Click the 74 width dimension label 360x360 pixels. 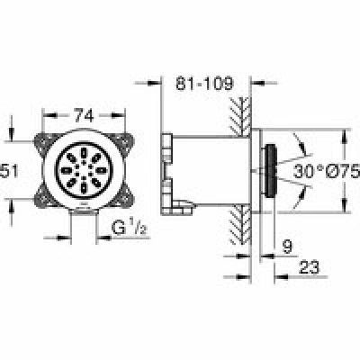84,115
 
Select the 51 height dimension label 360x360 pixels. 9,171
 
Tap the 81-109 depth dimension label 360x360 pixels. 204,83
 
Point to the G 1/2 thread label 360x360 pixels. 130,228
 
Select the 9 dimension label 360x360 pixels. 287,247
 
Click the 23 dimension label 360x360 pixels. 310,267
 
